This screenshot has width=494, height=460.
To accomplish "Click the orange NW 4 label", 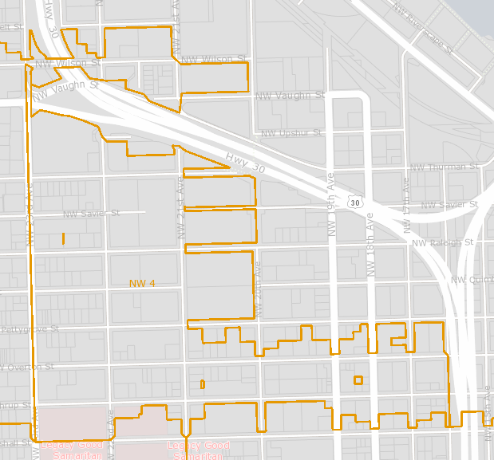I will pyautogui.click(x=142, y=283).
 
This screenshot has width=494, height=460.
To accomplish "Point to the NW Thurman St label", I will pyautogui.click(x=443, y=167).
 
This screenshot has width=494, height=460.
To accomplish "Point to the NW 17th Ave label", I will pyautogui.click(x=405, y=195).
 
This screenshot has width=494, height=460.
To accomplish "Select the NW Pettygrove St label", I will pyautogui.click(x=30, y=328).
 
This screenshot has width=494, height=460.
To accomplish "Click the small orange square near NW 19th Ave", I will pyautogui.click(x=358, y=380).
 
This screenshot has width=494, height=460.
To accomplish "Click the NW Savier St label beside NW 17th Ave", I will pyautogui.click(x=448, y=205).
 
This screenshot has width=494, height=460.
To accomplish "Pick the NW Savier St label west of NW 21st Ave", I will pyautogui.click(x=91, y=213).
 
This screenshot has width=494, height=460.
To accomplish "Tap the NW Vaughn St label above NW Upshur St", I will pyautogui.click(x=289, y=96).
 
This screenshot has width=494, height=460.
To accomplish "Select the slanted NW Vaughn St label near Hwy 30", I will pyautogui.click(x=65, y=89).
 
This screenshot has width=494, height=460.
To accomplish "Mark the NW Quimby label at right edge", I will pyautogui.click(x=472, y=280).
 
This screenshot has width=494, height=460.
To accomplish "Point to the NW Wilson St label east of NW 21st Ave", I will pyautogui.click(x=213, y=60).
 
